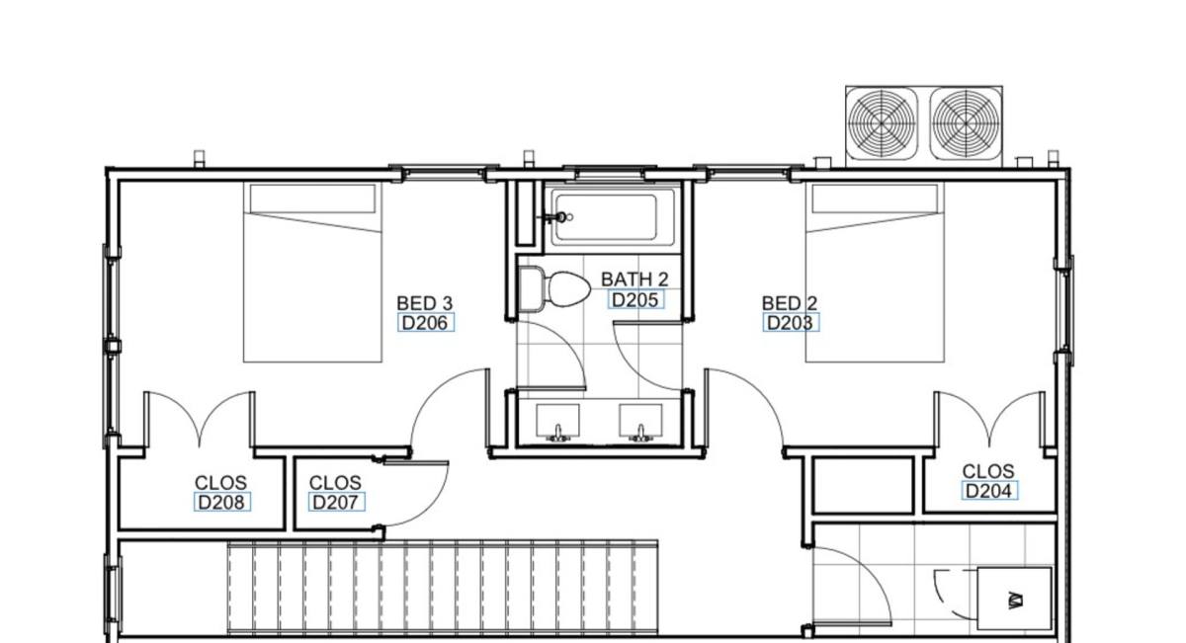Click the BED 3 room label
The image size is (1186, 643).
[x=424, y=303]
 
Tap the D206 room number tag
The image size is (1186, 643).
[x=425, y=323]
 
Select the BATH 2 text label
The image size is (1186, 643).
[x=635, y=280]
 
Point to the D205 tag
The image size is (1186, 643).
[x=635, y=300]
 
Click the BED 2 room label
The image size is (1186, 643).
[x=790, y=303]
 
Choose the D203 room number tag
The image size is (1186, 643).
[x=791, y=323]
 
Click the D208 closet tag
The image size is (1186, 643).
[x=221, y=502]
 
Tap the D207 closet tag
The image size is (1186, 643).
[x=336, y=502]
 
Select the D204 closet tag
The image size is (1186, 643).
[x=989, y=491]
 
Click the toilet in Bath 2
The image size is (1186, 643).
[x=553, y=289]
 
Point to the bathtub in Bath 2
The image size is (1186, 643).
[x=613, y=217]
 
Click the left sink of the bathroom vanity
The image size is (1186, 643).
[x=557, y=422]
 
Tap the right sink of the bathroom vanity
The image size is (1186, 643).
[x=640, y=422]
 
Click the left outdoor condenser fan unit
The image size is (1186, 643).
[x=882, y=123]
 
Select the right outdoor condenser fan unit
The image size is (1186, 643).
[x=966, y=123]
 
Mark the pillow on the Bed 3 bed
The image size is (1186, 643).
[x=312, y=199]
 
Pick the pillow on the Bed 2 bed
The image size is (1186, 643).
[x=875, y=199]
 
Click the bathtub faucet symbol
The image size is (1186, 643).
[x=558, y=217]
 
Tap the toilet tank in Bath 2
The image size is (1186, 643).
[x=531, y=289]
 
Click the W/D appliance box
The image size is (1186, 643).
[x=1014, y=599]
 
